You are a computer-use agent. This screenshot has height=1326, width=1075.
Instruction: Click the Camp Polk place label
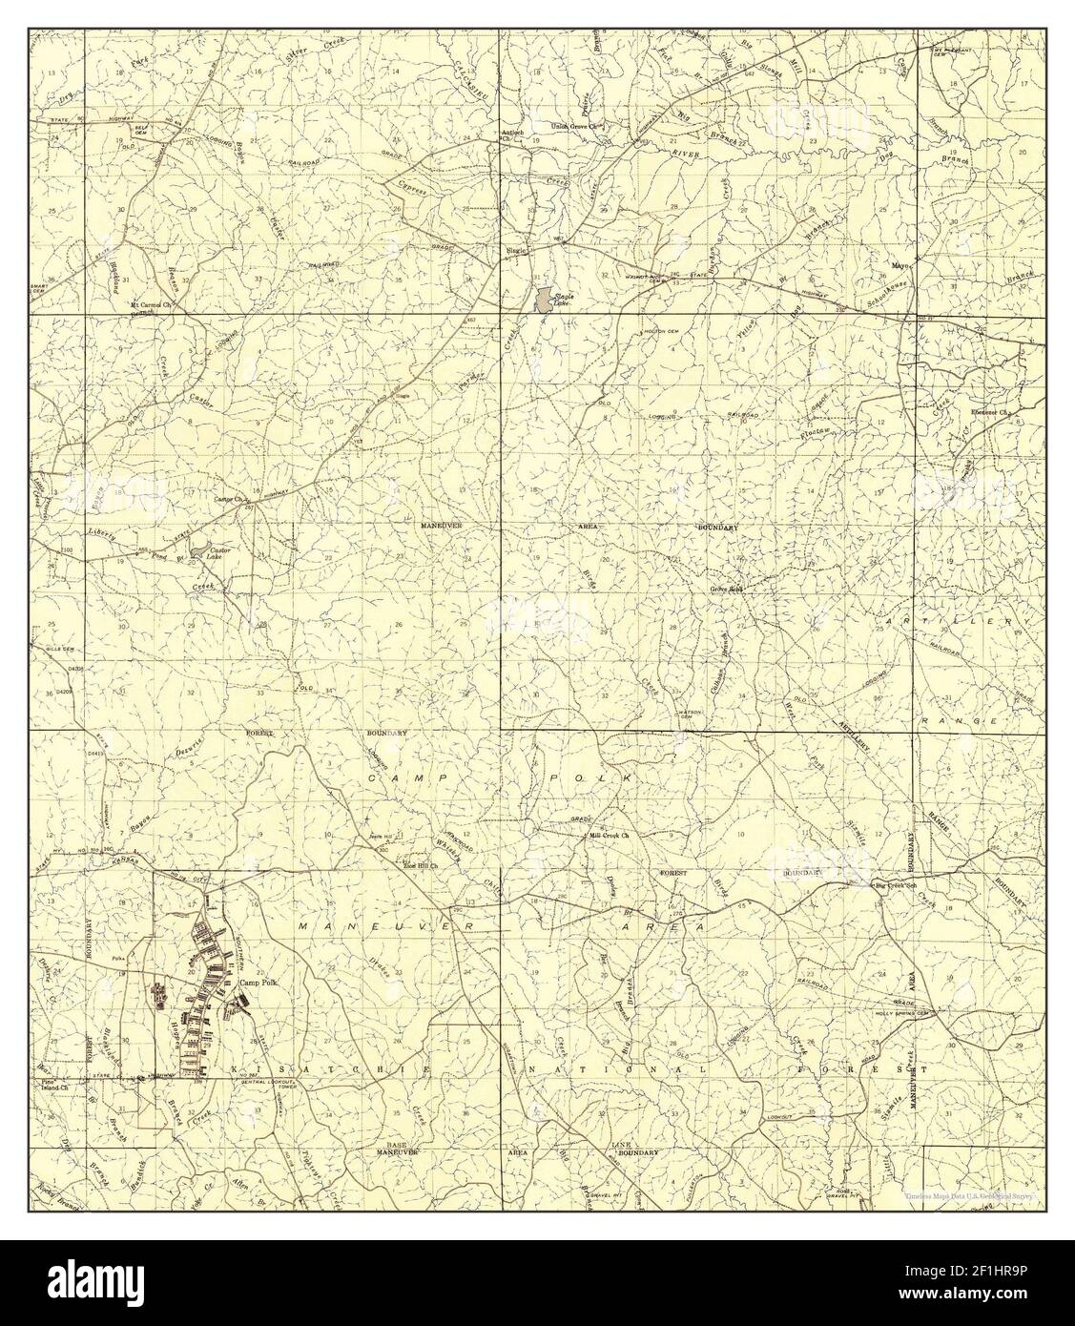[x=257, y=983]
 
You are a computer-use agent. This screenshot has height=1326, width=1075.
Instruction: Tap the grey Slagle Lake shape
[x=542, y=300]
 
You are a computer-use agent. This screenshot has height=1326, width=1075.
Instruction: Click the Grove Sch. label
[x=726, y=589]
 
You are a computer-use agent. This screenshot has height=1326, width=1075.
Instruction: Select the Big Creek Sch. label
[x=896, y=886]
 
